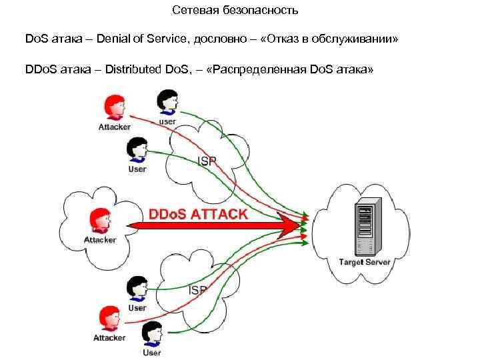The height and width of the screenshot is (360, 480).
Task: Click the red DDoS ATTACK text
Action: coord(198,215)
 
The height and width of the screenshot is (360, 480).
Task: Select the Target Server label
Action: coord(365,261)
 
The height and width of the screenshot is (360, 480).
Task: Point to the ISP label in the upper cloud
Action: coord(206,161)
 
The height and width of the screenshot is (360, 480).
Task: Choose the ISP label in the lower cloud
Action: coord(198,290)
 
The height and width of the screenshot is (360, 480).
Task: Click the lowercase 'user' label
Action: coord(167,121)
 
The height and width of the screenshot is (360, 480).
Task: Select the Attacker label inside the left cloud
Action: coord(100,240)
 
